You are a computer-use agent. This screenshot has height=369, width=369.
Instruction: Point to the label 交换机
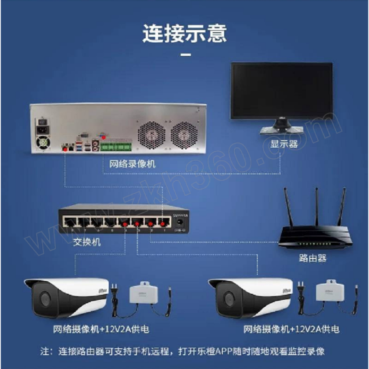pyautogui.click(x=87, y=242)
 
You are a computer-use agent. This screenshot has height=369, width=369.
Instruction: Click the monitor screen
pyautogui.click(x=281, y=91)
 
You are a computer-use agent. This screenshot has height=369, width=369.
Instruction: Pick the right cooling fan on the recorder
pyautogui.click(x=184, y=134)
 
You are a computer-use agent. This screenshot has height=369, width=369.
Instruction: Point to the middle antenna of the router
pyautogui.click(x=317, y=208)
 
